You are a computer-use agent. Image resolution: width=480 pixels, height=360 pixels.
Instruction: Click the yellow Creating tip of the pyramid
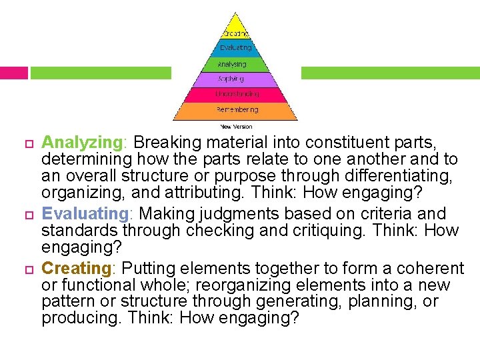(235, 30)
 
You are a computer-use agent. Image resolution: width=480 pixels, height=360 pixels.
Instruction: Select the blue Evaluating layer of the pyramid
(235, 48)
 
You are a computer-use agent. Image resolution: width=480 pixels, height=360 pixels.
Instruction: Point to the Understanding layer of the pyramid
(235, 95)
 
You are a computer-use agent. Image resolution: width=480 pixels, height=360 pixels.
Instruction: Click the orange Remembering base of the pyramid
(235, 110)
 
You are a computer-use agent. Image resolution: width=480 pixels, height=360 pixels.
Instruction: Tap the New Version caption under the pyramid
(236, 125)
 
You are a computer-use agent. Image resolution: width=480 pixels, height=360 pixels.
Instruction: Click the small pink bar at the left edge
(13, 73)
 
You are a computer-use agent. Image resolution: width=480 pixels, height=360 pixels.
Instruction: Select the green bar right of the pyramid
(390, 73)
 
